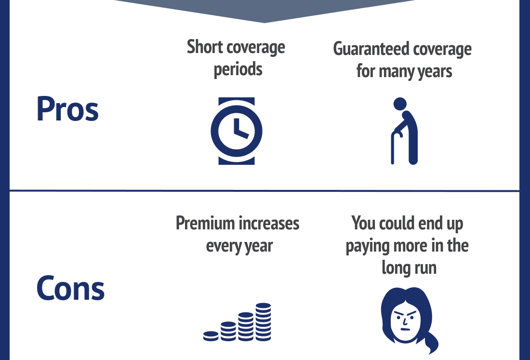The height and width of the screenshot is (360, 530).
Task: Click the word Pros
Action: pyautogui.click(x=67, y=109)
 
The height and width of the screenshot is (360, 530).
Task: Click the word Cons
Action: pyautogui.click(x=70, y=288)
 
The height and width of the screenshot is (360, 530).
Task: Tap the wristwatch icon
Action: pyautogui.click(x=236, y=131)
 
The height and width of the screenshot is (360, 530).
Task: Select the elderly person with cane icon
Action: pyautogui.click(x=404, y=131)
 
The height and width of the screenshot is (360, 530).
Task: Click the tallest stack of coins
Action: pyautogui.click(x=263, y=322)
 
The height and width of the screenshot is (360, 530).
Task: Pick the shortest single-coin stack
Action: pyautogui.click(x=211, y=336)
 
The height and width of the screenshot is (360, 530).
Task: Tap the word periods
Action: pyautogui.click(x=238, y=69)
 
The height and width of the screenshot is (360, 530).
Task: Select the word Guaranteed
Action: pyautogui.click(x=371, y=49)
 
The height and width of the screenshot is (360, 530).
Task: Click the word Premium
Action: pyautogui.click(x=205, y=224)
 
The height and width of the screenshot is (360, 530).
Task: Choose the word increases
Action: pyautogui.click(x=269, y=224)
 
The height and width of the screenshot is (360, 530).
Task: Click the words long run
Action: pyautogui.click(x=409, y=268)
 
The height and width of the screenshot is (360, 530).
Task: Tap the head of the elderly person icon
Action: pyautogui.click(x=400, y=104)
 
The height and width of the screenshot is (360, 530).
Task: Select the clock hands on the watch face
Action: pyautogui.click(x=241, y=130)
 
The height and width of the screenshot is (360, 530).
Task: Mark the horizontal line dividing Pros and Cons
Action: pyautogui.click(x=265, y=191)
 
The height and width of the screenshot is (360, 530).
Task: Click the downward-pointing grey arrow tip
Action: pyautogui.click(x=265, y=23)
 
